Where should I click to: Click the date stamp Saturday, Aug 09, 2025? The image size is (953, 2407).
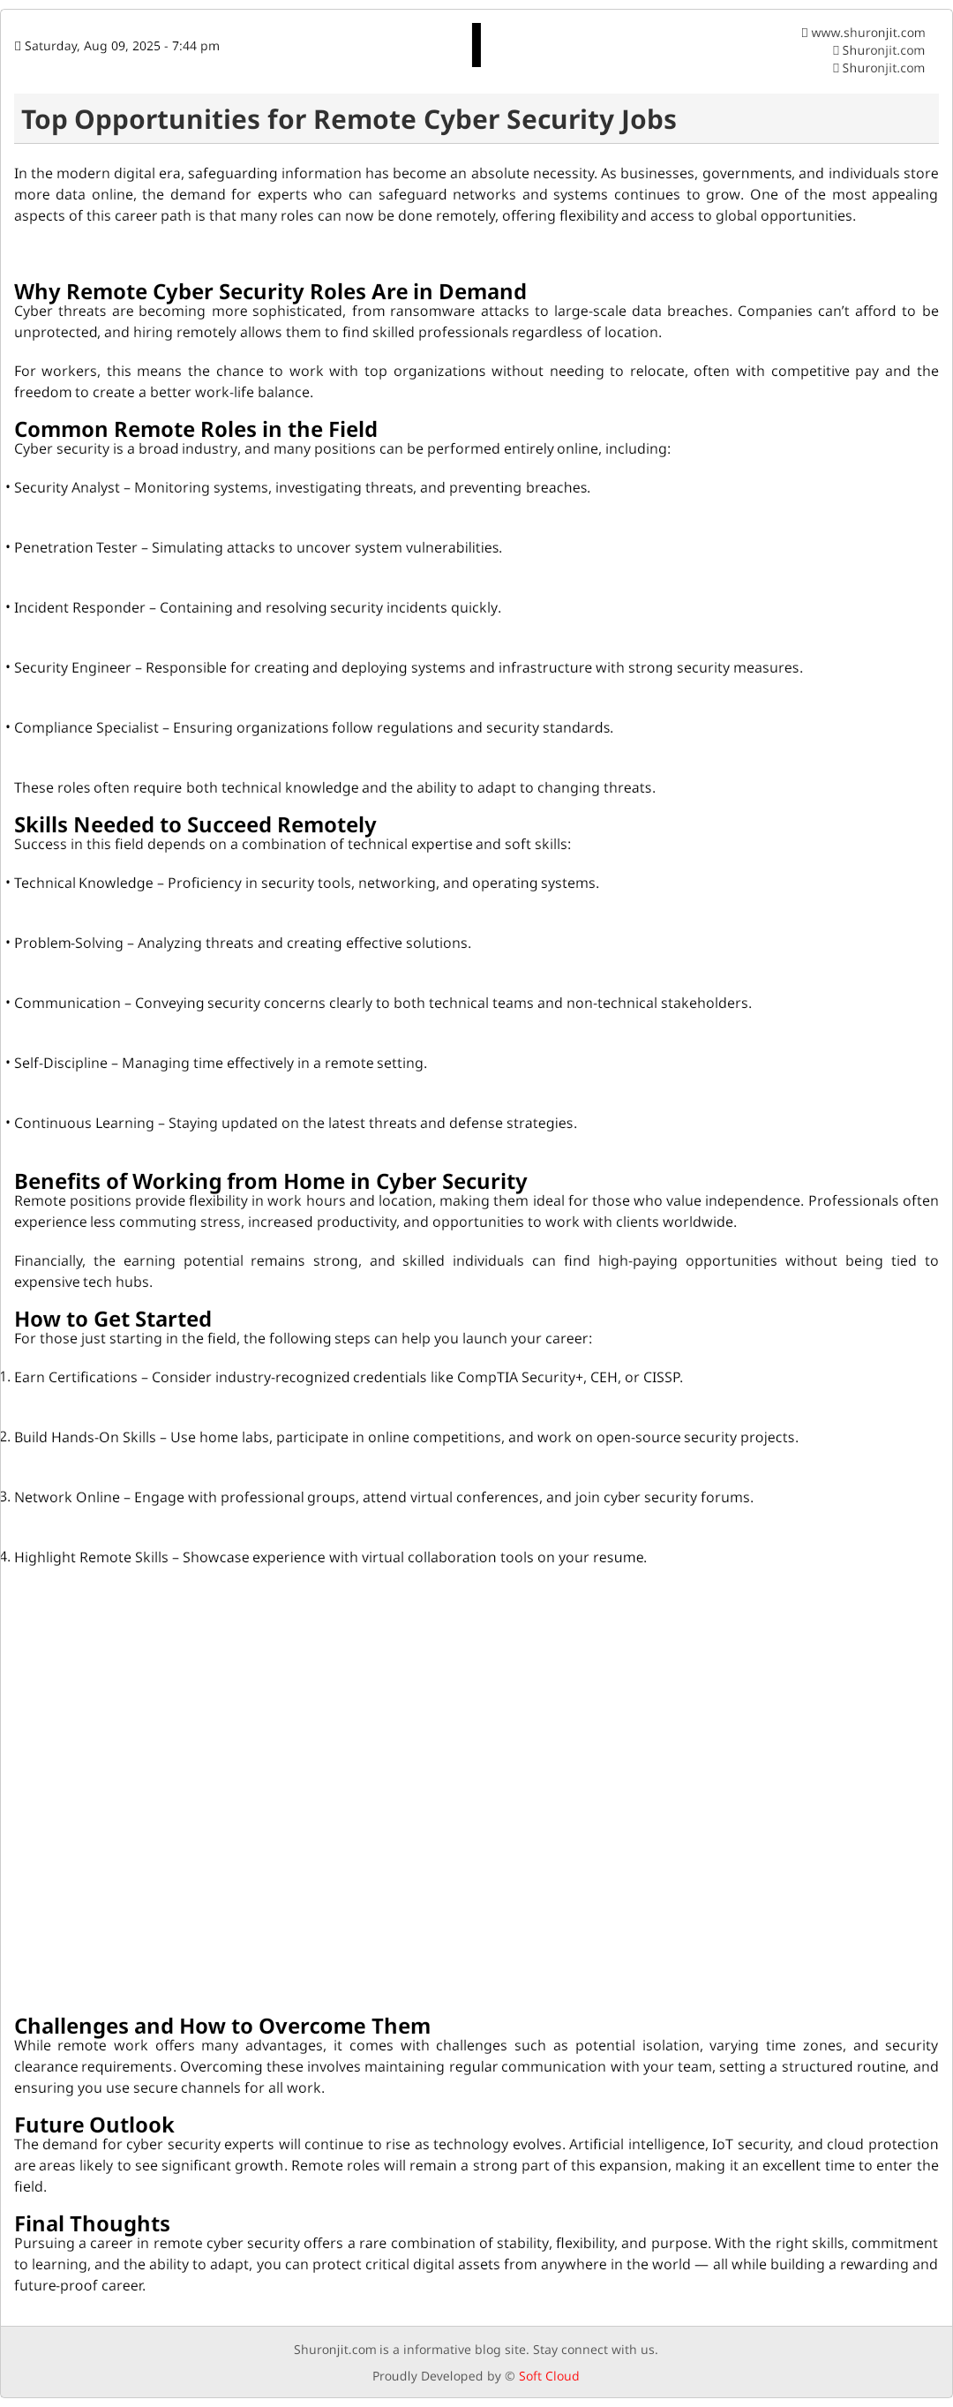(122, 47)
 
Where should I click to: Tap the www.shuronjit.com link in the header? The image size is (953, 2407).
(867, 33)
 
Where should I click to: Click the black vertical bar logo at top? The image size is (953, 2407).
(476, 45)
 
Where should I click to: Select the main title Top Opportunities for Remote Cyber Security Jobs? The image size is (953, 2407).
(349, 120)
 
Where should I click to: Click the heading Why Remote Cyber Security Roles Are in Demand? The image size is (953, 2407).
(270, 291)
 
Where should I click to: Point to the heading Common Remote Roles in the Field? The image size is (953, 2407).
(195, 429)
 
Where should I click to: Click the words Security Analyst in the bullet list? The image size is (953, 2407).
(66, 488)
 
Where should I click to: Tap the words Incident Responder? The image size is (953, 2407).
(79, 607)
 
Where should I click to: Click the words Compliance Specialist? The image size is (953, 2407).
(86, 728)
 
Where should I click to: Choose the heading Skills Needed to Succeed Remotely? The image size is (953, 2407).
(194, 824)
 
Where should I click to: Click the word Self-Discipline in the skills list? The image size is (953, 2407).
(61, 1064)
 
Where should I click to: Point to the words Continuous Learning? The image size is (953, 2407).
(83, 1123)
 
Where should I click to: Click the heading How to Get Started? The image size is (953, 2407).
(112, 1319)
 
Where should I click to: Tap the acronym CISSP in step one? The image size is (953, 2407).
(662, 1377)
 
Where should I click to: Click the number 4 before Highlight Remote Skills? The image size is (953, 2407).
(4, 1557)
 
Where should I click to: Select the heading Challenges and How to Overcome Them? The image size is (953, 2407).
(221, 2025)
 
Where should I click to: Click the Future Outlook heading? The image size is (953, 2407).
(94, 2124)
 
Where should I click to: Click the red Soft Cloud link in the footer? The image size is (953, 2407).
(549, 2375)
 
